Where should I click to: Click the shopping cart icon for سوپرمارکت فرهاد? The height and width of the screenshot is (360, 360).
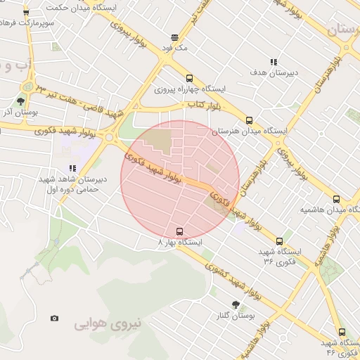[25, 13]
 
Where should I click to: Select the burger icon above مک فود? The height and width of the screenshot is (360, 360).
[174, 37]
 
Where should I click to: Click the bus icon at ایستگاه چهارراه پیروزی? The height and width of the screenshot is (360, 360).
[189, 78]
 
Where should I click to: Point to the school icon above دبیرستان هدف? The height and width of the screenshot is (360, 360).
[274, 62]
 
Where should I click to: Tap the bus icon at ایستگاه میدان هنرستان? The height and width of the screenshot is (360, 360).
[249, 120]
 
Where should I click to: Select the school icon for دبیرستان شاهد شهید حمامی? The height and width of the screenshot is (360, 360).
[72, 168]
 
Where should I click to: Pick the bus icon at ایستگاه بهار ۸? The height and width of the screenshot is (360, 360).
[179, 231]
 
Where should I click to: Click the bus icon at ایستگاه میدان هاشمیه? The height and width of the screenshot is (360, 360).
[336, 199]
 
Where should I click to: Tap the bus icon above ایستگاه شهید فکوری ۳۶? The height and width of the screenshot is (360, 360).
[279, 241]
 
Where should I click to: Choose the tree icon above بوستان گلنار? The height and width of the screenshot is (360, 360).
[235, 305]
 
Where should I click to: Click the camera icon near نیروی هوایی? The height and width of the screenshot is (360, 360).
[55, 318]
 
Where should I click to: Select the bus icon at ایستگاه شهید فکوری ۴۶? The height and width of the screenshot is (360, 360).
[342, 332]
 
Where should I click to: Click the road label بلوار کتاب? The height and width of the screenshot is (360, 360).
[200, 105]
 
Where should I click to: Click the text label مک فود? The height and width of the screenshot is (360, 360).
[174, 48]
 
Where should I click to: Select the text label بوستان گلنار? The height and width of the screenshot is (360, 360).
[235, 316]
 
